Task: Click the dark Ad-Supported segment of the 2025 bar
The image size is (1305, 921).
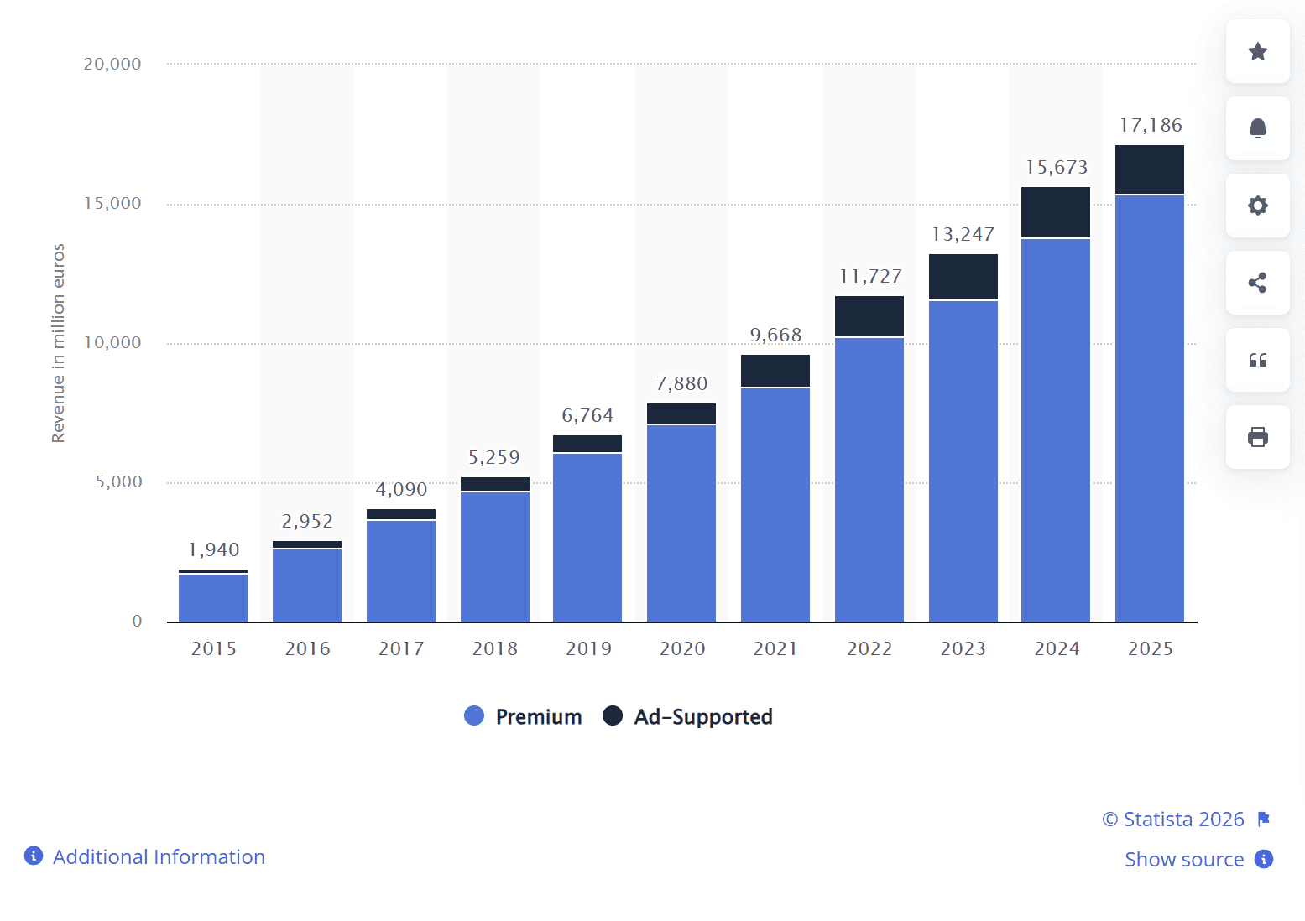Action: click(1149, 169)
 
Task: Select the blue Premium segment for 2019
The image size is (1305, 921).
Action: click(587, 537)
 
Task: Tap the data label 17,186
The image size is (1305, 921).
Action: click(1150, 126)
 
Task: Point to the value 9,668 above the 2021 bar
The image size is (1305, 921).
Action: click(775, 336)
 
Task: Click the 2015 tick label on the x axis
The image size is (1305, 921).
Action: click(213, 648)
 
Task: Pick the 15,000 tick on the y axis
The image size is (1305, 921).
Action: click(112, 204)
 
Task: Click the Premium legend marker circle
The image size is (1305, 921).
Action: click(474, 716)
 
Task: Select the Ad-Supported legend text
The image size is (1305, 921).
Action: click(702, 717)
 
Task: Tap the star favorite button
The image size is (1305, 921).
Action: click(1257, 52)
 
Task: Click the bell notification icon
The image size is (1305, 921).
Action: click(1257, 128)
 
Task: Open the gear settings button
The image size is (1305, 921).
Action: click(1257, 206)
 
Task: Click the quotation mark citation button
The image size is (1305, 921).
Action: click(1257, 360)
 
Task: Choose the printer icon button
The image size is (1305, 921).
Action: click(1257, 437)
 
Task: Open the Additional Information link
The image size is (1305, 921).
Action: click(159, 856)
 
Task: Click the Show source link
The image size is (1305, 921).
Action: click(1183, 860)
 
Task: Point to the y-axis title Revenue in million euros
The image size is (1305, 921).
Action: click(58, 343)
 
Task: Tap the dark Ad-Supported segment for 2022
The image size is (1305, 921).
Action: click(869, 316)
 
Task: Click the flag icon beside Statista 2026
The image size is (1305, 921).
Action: click(1264, 820)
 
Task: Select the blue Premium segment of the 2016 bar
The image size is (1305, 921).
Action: click(307, 585)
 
